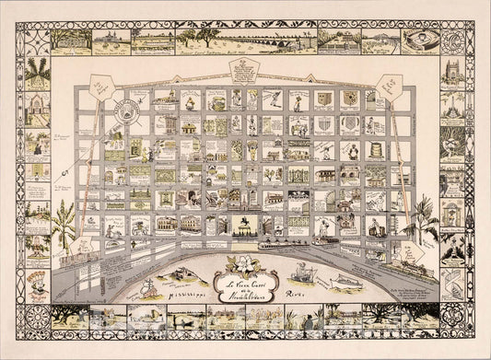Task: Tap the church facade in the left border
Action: click(x=40, y=109)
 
